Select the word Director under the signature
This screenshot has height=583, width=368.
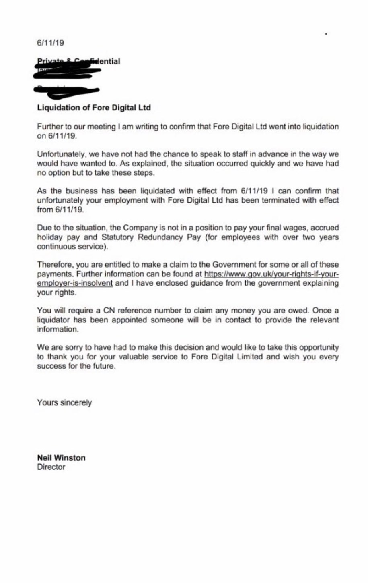(51, 467)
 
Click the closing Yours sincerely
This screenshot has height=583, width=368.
(64, 402)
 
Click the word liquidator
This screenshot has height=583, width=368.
(53, 320)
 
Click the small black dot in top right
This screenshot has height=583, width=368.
(326, 35)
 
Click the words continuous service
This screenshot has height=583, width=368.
(72, 246)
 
